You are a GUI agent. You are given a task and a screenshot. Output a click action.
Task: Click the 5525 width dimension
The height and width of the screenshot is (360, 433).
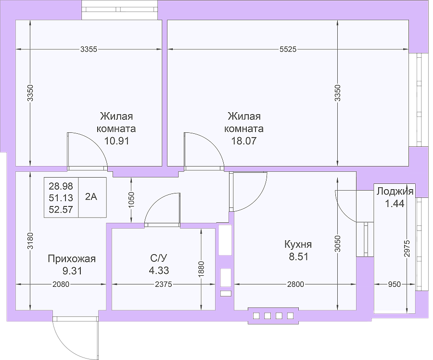[x=288, y=49]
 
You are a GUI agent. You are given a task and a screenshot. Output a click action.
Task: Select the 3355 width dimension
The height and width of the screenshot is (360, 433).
[x=89, y=49]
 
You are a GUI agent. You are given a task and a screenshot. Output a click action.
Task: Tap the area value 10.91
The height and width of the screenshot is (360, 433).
[x=116, y=141]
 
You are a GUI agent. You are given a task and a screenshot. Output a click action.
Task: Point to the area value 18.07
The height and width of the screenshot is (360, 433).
[x=244, y=141]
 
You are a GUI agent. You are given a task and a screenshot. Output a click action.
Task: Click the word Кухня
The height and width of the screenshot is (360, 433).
[x=298, y=244]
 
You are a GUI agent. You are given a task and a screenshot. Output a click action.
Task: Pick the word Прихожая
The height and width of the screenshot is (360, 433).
[x=72, y=259]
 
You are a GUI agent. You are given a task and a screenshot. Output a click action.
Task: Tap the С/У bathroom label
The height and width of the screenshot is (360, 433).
[x=159, y=258]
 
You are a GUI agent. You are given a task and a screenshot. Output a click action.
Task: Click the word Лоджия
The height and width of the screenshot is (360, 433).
[x=395, y=191]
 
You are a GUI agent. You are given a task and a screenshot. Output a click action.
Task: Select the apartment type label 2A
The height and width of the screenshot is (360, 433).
[x=91, y=197]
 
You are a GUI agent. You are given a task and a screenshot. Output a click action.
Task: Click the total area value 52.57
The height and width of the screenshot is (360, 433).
[x=61, y=209]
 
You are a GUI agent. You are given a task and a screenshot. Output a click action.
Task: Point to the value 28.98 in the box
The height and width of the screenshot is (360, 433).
[x=61, y=186]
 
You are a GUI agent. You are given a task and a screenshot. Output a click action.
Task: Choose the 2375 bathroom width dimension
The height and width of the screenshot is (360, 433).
[x=164, y=284]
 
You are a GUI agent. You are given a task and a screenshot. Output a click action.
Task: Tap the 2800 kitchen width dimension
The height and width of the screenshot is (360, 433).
[x=295, y=284]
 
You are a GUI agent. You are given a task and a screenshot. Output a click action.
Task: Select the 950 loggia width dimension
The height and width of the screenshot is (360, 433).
[x=395, y=284]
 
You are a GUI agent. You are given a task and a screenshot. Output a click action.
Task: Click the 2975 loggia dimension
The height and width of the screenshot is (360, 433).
[x=407, y=249]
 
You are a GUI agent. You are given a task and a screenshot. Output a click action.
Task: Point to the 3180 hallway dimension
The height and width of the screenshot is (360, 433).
[x=30, y=241]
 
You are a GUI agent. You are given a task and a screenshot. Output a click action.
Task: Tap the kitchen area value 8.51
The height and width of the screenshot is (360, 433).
[x=298, y=257]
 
